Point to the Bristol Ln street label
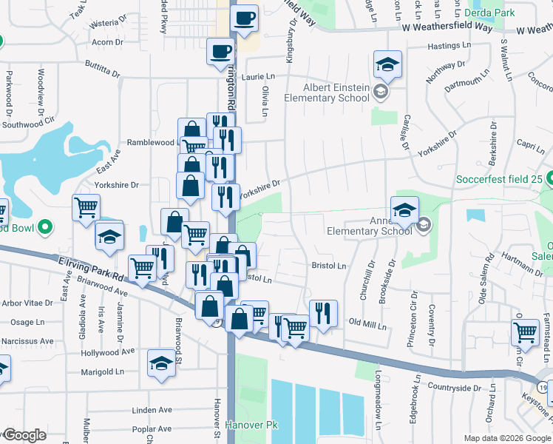328,265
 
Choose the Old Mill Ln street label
367,323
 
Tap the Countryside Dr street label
454,388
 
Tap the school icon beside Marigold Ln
161,363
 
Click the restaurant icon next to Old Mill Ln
323,314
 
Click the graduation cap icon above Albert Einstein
387,64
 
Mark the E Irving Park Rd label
89,266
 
